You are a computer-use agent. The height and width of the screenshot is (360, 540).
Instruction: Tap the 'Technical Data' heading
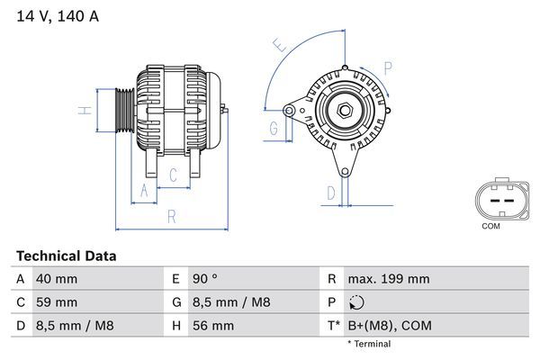point(66,256)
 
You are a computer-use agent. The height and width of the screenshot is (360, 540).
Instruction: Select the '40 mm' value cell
point(56,279)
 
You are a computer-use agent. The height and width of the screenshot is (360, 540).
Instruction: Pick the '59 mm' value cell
point(56,302)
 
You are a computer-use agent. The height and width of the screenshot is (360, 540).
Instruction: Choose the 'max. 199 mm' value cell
point(388,279)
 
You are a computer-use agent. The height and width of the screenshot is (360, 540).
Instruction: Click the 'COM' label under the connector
point(490,226)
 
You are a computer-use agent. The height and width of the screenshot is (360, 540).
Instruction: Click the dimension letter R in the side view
point(171,216)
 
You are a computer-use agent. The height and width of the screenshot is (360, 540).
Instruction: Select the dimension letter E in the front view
point(280,45)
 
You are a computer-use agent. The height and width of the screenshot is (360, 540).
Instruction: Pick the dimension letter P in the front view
point(387,67)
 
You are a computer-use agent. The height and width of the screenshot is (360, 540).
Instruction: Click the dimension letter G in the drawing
point(273,129)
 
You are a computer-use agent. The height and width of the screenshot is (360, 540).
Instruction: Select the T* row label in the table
point(333,325)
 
